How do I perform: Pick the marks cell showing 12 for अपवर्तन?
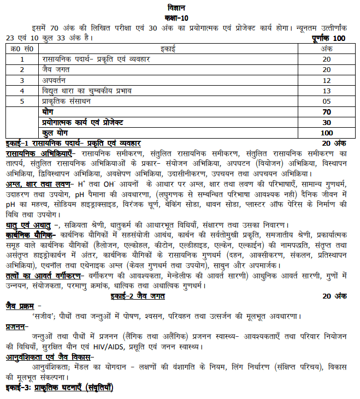(327, 80)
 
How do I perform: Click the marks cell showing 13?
(327, 90)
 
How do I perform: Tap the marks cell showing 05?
(327, 101)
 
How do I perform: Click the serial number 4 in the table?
(22, 90)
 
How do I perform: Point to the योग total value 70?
(327, 111)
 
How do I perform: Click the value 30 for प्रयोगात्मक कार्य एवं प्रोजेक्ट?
(327, 122)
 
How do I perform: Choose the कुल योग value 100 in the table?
(327, 133)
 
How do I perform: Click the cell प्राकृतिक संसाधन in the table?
(67, 101)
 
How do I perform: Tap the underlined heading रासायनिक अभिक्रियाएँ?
(40, 154)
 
